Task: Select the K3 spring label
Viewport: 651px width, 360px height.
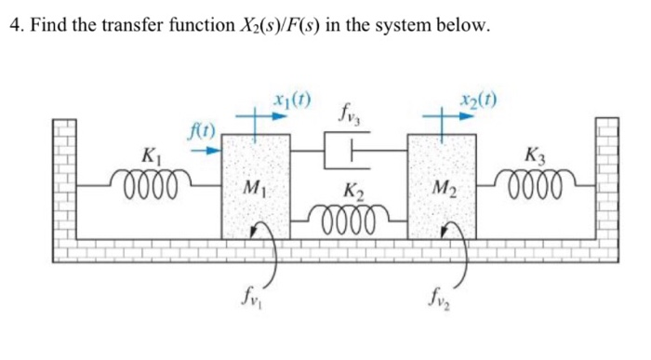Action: click(x=536, y=154)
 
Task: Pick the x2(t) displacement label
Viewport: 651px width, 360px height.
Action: click(x=475, y=96)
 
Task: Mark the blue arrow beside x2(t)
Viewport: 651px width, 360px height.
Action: click(x=455, y=116)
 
